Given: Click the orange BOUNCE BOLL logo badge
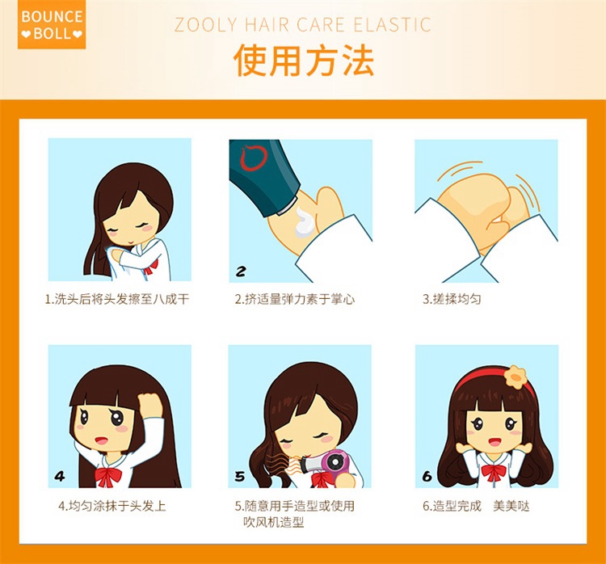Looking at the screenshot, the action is pyautogui.click(x=52, y=25).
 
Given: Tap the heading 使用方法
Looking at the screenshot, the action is pyautogui.click(x=304, y=61).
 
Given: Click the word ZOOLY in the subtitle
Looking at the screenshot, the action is pyautogui.click(x=205, y=25).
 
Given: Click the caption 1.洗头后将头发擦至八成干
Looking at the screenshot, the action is pyautogui.click(x=117, y=299).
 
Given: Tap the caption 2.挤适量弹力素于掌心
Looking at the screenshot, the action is pyautogui.click(x=295, y=299).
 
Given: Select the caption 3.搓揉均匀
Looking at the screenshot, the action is pyautogui.click(x=452, y=299).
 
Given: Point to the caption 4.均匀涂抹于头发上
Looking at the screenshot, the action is pyautogui.click(x=112, y=506).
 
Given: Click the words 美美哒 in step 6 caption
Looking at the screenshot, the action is pyautogui.click(x=511, y=506).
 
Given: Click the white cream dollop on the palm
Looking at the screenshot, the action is pyautogui.click(x=305, y=222).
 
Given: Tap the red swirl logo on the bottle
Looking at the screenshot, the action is pyautogui.click(x=253, y=157).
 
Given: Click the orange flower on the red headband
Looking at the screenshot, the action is pyautogui.click(x=516, y=377).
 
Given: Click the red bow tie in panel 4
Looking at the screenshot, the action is pyautogui.click(x=108, y=477).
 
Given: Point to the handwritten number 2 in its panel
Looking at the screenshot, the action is pyautogui.click(x=241, y=271).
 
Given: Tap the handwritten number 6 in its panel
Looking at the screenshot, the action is pyautogui.click(x=427, y=476).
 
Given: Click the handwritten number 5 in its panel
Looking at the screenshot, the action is pyautogui.click(x=240, y=476).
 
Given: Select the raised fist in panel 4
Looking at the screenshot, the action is pyautogui.click(x=150, y=405).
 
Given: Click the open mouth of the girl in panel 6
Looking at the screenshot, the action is pyautogui.click(x=494, y=441).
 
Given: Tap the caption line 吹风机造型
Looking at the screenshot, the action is pyautogui.click(x=274, y=522).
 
